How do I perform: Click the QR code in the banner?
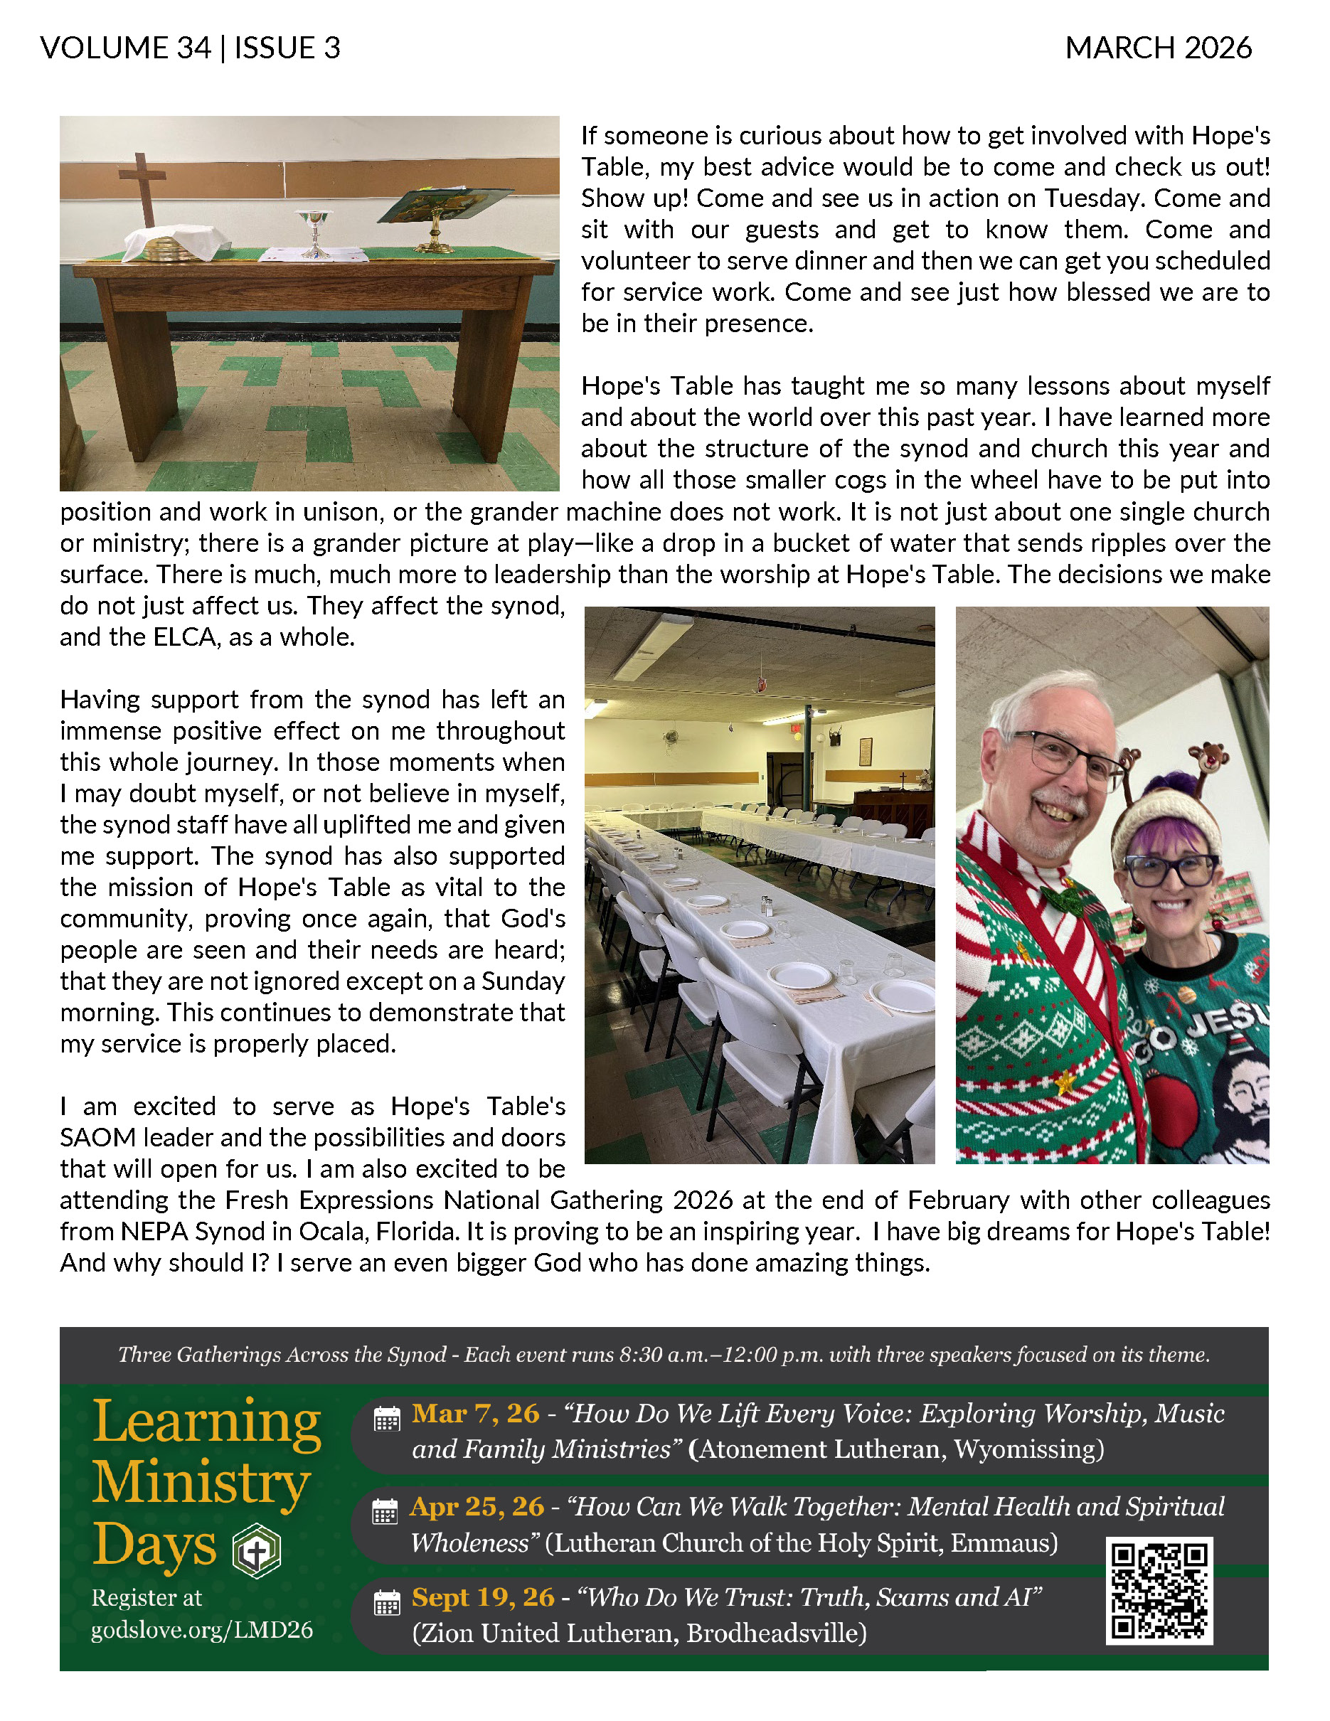(x=1159, y=1591)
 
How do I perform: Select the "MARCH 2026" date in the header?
(x=1158, y=48)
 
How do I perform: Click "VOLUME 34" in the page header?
(x=126, y=48)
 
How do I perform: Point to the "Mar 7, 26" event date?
(x=475, y=1414)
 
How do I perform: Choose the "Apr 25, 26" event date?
(x=477, y=1507)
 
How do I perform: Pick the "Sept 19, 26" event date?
(x=483, y=1597)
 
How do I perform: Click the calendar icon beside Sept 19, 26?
(x=387, y=1603)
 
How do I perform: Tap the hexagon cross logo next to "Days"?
(x=257, y=1550)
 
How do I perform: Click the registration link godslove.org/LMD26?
(x=202, y=1629)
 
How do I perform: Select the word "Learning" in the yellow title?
(x=206, y=1422)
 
